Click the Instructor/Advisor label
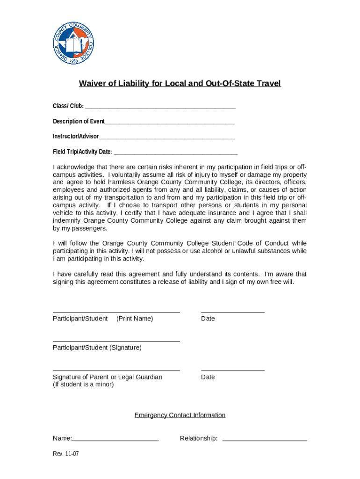pyautogui.click(x=76, y=136)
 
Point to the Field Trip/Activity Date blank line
pyautogui.click(x=176, y=152)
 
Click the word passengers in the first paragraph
pyautogui.click(x=86, y=228)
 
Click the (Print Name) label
pyautogui.click(x=135, y=319)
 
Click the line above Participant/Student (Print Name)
pyautogui.click(x=116, y=312)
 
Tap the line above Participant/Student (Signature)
pyautogui.click(x=116, y=341)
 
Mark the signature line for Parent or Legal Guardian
pyautogui.click(x=116, y=370)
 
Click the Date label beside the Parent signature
pyautogui.click(x=208, y=377)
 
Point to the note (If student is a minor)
pyautogui.click(x=83, y=385)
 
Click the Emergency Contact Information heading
pyautogui.click(x=180, y=415)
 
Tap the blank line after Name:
pyautogui.click(x=115, y=440)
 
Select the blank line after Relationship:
pyautogui.click(x=265, y=440)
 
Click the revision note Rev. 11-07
pyautogui.click(x=65, y=454)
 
